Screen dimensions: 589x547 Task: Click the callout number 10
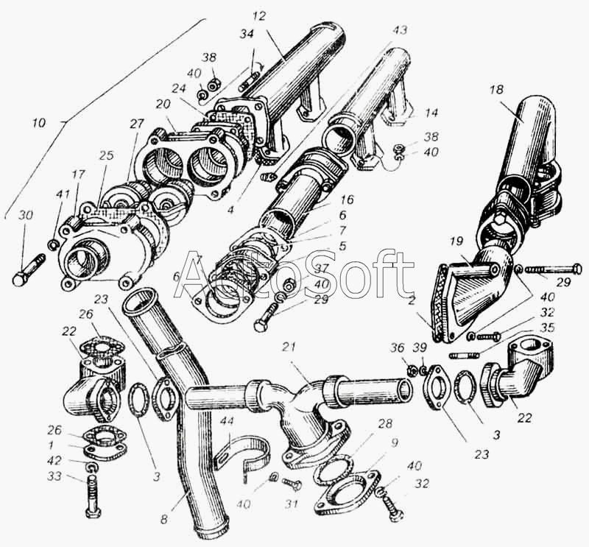(39, 123)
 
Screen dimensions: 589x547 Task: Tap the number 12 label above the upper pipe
(259, 16)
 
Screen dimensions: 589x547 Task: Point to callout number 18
(496, 90)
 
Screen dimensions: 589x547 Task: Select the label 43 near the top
(400, 30)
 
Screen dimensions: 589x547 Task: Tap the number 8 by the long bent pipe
(164, 519)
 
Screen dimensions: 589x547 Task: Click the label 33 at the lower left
(54, 476)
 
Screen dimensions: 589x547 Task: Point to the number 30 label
(26, 215)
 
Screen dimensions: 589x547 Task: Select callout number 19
(456, 241)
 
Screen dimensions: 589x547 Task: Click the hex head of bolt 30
(19, 280)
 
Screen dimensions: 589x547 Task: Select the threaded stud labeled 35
(464, 355)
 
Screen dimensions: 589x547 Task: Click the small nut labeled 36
(412, 371)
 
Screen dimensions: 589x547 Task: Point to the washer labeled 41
(52, 246)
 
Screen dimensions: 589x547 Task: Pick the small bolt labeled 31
(292, 484)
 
